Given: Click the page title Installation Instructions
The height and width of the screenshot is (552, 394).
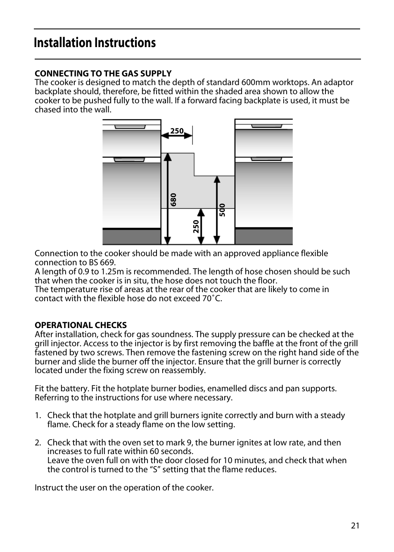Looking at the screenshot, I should coord(95,43).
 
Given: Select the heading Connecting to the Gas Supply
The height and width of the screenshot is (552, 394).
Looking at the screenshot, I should coord(103,74).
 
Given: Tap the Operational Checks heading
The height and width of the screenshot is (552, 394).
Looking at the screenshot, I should coord(81,325).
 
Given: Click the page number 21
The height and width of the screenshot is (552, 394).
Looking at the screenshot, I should coord(355,526).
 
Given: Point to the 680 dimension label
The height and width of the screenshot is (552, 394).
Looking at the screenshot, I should coord(173,200).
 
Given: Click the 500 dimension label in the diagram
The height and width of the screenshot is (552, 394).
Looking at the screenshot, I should coord(222,210).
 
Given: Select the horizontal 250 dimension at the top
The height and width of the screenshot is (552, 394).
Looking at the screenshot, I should coord(177,131).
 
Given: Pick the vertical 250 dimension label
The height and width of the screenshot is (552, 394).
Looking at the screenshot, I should coord(196,226).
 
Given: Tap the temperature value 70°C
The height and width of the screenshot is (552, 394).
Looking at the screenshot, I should coord(212,298).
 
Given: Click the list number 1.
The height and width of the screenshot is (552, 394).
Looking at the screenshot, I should coord(38,416).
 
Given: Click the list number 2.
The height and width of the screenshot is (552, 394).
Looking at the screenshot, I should coord(38,443).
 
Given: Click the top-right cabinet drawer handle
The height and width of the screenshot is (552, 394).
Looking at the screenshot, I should coord(266,126).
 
